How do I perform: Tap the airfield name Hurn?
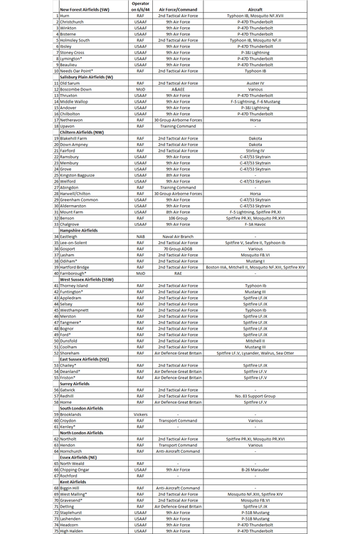click(x=65, y=16)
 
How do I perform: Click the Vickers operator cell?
click(x=141, y=414)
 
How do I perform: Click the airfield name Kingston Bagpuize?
click(x=78, y=175)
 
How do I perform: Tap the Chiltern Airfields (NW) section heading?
click(x=82, y=132)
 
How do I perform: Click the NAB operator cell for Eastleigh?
click(x=141, y=236)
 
